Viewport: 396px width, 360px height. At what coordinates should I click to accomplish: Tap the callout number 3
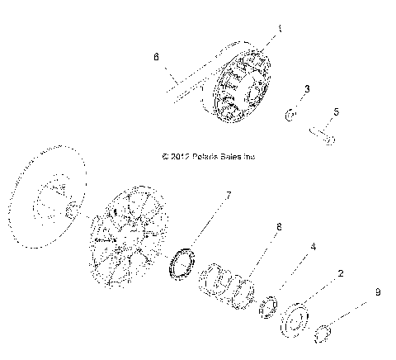coord(308,88)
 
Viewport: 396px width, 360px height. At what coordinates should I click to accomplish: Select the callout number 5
coord(335,112)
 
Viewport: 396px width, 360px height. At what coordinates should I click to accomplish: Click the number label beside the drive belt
coord(154,59)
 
